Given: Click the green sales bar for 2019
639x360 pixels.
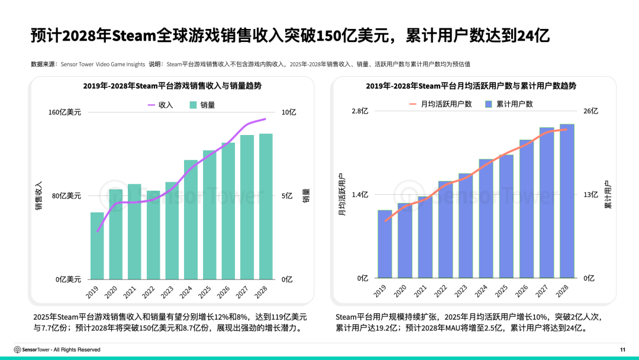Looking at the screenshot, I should (97, 246).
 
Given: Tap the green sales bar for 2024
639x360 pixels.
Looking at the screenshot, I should (191, 220).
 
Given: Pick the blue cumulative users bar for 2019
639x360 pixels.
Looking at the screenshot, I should (385, 244).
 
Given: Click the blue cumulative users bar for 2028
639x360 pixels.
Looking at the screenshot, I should (567, 201).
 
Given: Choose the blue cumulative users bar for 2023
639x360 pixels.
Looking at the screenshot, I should (466, 226).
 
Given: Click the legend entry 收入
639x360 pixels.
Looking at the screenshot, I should (160, 105).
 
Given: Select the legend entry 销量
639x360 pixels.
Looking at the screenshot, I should (202, 105).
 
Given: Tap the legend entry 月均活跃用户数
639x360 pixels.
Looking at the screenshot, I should (441, 104).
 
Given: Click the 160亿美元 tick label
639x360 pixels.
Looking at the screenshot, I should (65, 112).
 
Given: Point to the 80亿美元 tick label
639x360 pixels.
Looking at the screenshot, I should (67, 196).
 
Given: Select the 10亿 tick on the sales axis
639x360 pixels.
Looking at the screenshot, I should (288, 112).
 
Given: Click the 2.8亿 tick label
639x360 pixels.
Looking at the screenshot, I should (360, 111).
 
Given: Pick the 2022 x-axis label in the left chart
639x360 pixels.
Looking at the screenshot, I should (148, 291).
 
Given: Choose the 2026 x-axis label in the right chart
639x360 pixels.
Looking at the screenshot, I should (521, 291).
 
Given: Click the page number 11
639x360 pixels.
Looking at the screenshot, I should (622, 349).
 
